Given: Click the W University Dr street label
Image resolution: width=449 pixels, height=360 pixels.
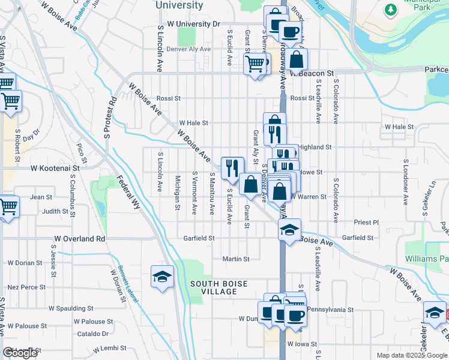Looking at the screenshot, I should point(193,24).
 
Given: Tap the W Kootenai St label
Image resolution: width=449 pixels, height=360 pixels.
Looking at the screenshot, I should point(50,169).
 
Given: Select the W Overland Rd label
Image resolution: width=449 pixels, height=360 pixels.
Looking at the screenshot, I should point(79,238).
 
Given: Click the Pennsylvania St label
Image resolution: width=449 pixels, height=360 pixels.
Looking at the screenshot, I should point(331,310).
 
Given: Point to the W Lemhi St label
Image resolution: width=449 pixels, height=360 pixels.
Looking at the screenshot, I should point(109,348).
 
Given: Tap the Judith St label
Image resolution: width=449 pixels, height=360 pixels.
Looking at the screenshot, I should point(55,211).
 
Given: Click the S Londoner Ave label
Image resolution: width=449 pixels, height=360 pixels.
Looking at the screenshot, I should point(406,182).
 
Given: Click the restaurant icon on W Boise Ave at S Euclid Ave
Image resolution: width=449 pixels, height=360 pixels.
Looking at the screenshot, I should point(232,167).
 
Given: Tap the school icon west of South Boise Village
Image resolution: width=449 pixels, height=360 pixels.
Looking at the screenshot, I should point(162,276).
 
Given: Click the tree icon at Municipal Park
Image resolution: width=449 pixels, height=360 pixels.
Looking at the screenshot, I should point(391,10).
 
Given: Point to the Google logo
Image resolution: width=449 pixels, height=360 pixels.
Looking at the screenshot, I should point(20,353).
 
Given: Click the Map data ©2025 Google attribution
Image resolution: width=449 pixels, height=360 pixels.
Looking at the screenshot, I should point(411,355).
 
